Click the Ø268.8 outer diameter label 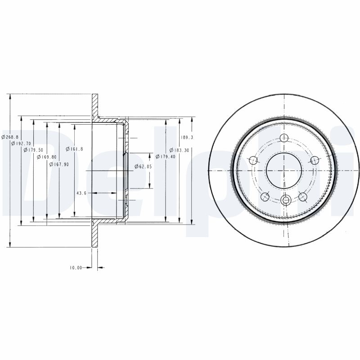tap(10, 137)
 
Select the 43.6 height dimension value tap(81, 193)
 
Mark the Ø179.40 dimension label tap(164, 157)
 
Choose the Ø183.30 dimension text tap(179, 150)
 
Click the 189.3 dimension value tap(186, 137)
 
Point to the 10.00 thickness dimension tap(75, 268)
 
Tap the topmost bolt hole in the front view tap(283, 138)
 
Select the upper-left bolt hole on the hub tap(253, 160)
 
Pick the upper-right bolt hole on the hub tap(314, 160)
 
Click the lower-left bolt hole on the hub tap(265, 196)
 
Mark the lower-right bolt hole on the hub tap(302, 196)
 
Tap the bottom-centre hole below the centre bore tap(283, 201)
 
